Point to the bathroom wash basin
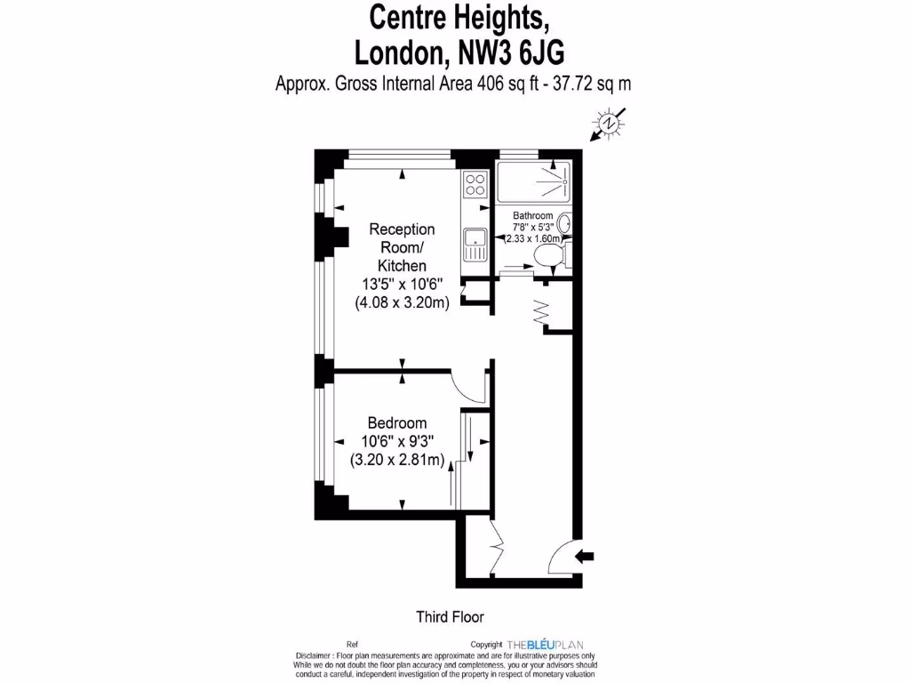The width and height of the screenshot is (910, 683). tap(564, 221)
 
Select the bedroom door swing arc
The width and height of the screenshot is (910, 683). tap(467, 386)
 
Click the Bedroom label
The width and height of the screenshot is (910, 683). tap(397, 423)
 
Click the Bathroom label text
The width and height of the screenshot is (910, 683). tap(533, 216)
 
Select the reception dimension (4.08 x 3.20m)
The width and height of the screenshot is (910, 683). tap(402, 302)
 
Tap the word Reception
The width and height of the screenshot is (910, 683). tap(402, 229)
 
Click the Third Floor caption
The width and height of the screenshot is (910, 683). tap(450, 615)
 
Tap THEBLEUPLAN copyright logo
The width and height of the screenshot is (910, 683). tap(545, 644)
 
